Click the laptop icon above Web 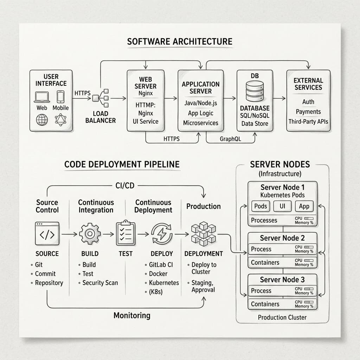point(42,97)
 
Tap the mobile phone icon point(60,97)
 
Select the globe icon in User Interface point(42,120)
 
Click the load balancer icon point(101,98)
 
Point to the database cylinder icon point(255,91)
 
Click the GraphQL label point(230,139)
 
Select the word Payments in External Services point(308,112)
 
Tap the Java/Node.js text point(201,103)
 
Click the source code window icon point(47,233)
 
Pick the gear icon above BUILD point(90,234)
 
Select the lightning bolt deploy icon point(162,234)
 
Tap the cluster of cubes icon point(204,234)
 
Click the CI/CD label point(125,186)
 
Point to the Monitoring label point(132,315)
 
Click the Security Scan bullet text point(100,283)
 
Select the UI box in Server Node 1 point(282,206)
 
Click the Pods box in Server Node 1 point(261,206)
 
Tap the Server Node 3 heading point(282,279)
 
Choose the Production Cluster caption point(282,317)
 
